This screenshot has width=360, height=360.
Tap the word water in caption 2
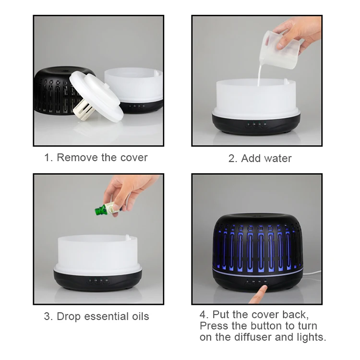[276, 158]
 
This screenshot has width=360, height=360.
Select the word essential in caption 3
[100, 316]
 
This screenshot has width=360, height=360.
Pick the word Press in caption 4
[213, 326]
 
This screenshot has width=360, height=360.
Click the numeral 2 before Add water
[232, 158]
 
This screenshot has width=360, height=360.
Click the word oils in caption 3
[138, 316]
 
